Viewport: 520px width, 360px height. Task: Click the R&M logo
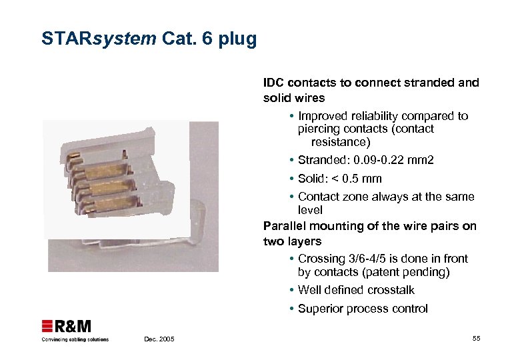(x=67, y=326)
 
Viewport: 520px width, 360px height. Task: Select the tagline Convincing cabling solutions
(x=75, y=339)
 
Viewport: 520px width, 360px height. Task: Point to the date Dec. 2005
(x=159, y=339)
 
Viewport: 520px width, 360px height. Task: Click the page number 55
(x=476, y=339)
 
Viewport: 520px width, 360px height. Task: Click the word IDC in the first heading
(x=273, y=83)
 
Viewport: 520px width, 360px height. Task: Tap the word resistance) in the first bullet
(x=340, y=142)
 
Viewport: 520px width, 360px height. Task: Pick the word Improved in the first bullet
(x=322, y=116)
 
